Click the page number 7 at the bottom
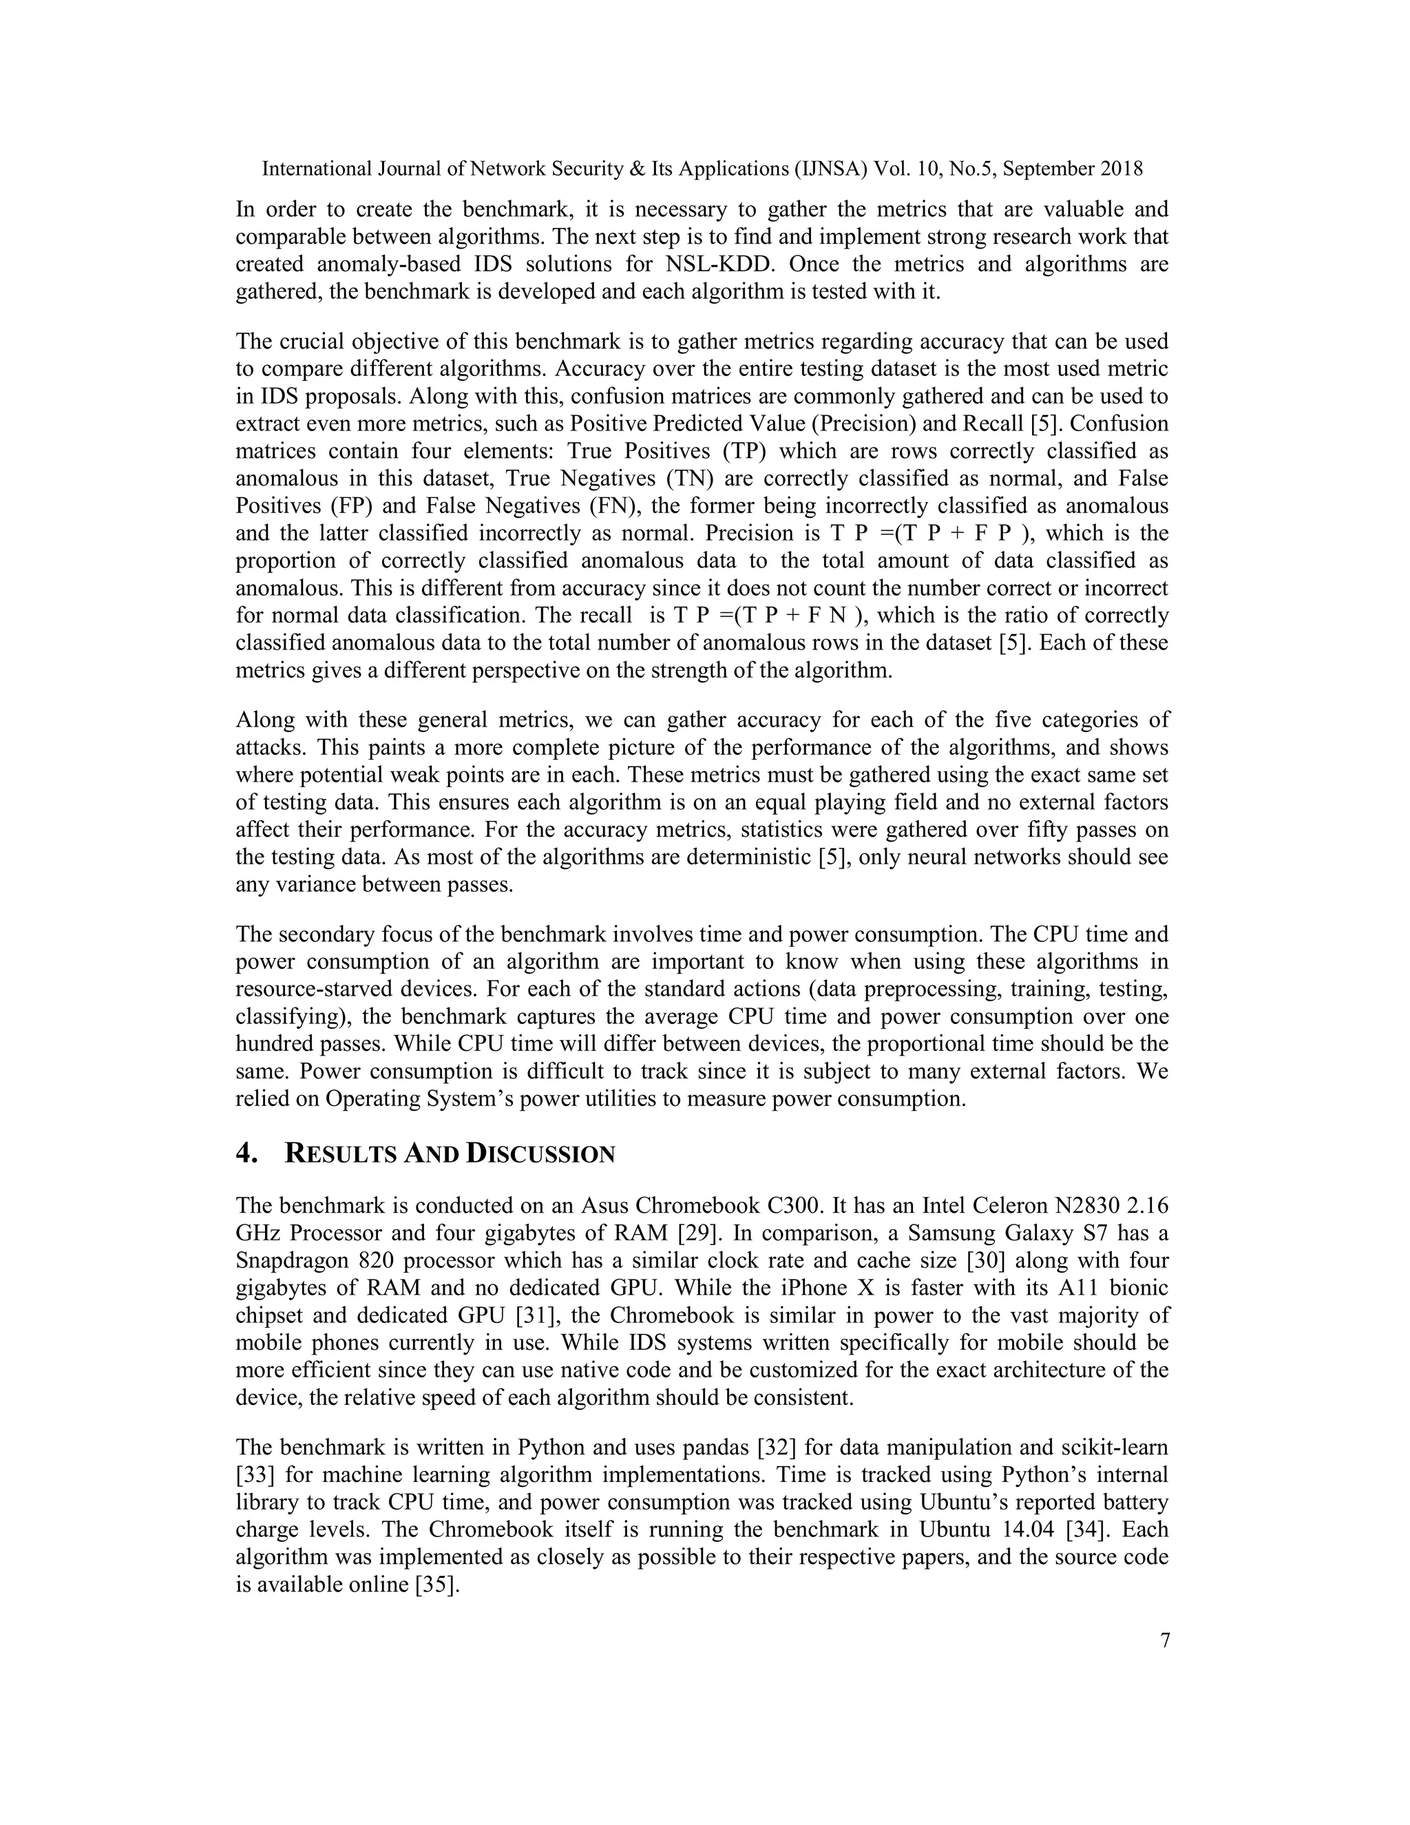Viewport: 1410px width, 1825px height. pyautogui.click(x=1164, y=1640)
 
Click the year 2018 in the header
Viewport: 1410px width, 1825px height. pyautogui.click(x=1120, y=169)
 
